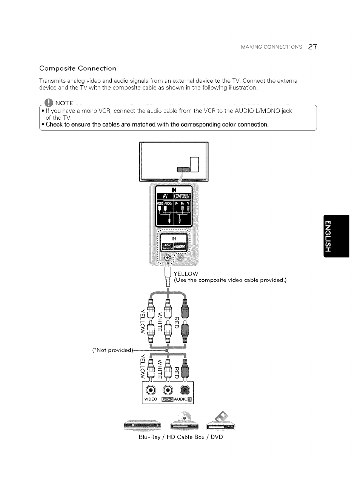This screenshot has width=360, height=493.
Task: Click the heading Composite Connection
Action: [78, 68]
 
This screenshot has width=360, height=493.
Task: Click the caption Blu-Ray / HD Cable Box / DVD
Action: [181, 437]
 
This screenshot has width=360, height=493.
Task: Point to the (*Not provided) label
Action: [113, 350]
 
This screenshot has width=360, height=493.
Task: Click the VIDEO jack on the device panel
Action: [151, 390]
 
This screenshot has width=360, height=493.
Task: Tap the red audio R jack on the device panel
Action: [184, 390]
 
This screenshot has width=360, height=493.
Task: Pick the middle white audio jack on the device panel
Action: [168, 390]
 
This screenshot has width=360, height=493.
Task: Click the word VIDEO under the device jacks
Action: [151, 399]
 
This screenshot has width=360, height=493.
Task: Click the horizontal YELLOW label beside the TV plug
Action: [186, 274]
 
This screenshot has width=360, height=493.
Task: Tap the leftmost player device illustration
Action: [142, 425]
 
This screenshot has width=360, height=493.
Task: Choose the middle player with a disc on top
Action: [184, 423]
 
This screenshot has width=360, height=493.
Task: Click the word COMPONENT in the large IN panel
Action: [182, 197]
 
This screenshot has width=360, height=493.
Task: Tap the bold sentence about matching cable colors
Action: [157, 125]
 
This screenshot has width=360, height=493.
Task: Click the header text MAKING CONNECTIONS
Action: [272, 47]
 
